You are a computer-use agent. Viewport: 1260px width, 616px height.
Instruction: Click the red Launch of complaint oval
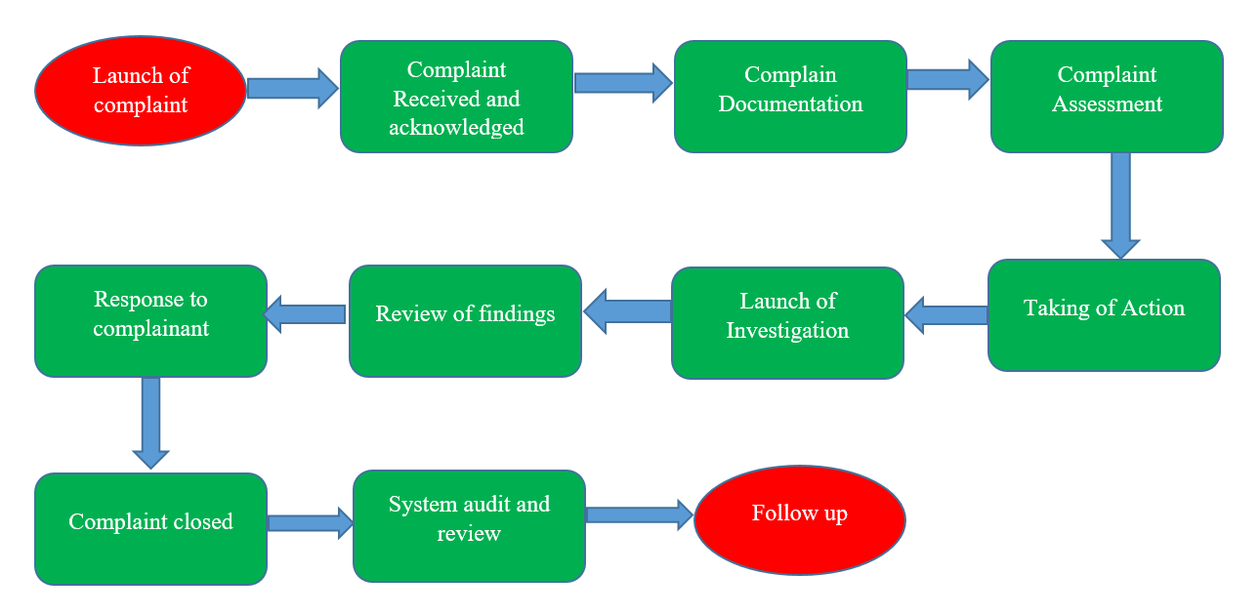pyautogui.click(x=141, y=90)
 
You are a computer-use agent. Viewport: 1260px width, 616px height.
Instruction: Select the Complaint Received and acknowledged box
pyautogui.click(x=456, y=98)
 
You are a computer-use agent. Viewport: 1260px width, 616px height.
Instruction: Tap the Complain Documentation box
pyautogui.click(x=790, y=97)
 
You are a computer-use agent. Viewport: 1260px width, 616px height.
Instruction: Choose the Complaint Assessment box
pyautogui.click(x=1107, y=97)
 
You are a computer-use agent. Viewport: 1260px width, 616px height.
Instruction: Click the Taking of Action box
pyautogui.click(x=1104, y=314)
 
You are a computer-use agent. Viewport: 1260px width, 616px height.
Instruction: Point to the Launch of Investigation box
pyautogui.click(x=787, y=322)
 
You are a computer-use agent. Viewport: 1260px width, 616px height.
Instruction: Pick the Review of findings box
pyautogui.click(x=465, y=320)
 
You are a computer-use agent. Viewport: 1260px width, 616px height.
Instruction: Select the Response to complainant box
pyautogui.click(x=150, y=320)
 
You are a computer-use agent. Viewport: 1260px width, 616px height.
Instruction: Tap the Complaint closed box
pyautogui.click(x=150, y=528)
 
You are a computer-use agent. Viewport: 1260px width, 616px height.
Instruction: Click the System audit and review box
pyautogui.click(x=469, y=525)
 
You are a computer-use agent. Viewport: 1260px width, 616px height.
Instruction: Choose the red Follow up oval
pyautogui.click(x=799, y=518)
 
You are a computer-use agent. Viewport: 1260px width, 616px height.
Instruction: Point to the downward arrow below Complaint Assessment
pyautogui.click(x=1120, y=205)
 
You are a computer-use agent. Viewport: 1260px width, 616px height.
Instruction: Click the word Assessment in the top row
pyautogui.click(x=1107, y=104)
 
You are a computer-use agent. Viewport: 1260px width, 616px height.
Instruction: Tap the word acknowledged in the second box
pyautogui.click(x=456, y=127)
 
